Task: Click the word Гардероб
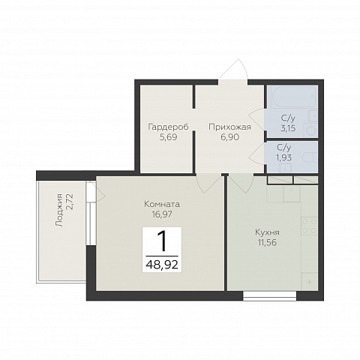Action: tap(168, 127)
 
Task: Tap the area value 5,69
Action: tap(168, 137)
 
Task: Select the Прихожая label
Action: tap(229, 127)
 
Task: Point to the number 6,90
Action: tap(230, 137)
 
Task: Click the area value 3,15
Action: tap(288, 128)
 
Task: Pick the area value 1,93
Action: tap(284, 157)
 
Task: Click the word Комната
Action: tap(162, 204)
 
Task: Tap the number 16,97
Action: tap(162, 214)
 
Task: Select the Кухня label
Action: tap(267, 232)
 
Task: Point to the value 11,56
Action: tap(267, 242)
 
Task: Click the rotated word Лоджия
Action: tap(60, 210)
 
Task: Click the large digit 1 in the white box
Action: tap(163, 241)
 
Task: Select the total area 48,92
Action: tap(162, 264)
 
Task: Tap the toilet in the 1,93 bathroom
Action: tap(310, 157)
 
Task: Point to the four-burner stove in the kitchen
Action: tap(309, 226)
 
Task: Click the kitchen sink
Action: tap(292, 194)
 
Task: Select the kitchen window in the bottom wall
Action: tap(270, 296)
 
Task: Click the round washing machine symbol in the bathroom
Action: tap(310, 130)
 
